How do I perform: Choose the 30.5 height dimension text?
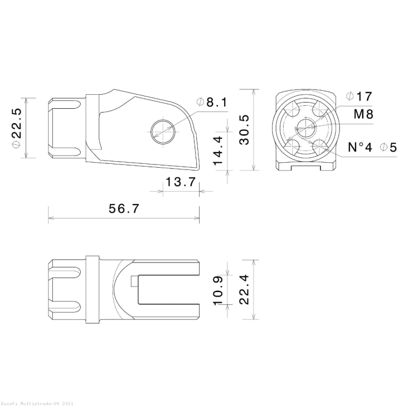coord(244,129)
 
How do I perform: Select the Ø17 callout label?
coord(358,96)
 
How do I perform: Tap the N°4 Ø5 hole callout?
coord(372,147)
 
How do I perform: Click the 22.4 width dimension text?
coord(244,290)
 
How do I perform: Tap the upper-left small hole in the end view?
coord(292,110)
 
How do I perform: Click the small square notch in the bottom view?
coord(134,282)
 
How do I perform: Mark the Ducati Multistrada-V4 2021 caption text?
coord(36,402)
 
